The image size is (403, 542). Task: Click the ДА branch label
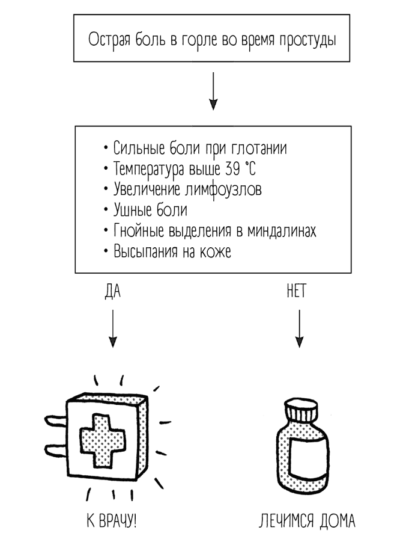click(112, 292)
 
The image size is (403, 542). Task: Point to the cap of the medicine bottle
click(301, 411)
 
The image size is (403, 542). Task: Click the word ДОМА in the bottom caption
click(337, 520)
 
